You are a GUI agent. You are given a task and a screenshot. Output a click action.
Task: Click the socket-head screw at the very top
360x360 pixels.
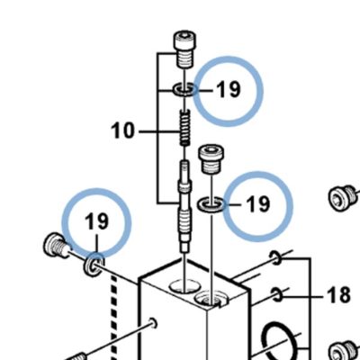(x=184, y=49)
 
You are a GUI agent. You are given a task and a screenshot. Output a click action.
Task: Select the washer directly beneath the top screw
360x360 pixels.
(x=184, y=89)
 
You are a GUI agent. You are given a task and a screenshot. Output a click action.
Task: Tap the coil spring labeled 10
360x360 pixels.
(x=185, y=128)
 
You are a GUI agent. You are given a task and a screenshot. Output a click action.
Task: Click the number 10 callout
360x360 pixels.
(x=122, y=131)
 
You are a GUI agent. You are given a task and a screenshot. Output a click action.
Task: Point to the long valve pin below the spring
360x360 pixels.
(x=184, y=207)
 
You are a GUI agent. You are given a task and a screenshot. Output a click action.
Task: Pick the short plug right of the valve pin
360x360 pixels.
(x=211, y=159)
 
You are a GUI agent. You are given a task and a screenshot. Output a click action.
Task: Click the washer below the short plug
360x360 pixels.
(x=211, y=204)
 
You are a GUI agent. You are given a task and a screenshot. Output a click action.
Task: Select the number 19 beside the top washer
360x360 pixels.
(x=229, y=89)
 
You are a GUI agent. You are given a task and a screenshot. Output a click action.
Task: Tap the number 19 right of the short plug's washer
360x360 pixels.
(x=258, y=204)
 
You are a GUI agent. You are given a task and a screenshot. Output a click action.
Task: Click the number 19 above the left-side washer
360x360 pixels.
(x=96, y=221)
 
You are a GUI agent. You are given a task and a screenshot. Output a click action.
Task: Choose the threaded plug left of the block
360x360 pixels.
(x=57, y=245)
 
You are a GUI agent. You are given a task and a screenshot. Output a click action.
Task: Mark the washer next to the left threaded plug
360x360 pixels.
(x=94, y=265)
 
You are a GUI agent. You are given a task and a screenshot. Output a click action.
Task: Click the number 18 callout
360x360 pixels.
(x=338, y=294)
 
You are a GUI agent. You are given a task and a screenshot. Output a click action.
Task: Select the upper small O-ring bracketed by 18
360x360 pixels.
(x=275, y=258)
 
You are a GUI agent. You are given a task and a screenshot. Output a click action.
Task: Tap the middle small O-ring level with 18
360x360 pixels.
(x=276, y=294)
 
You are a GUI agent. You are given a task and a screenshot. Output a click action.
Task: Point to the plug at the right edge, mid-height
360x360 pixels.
(x=343, y=198)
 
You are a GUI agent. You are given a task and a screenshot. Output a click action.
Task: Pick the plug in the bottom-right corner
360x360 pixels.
(x=345, y=351)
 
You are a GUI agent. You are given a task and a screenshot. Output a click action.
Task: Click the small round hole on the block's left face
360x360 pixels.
(x=153, y=322)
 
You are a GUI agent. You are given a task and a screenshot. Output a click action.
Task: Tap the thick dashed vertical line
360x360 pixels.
(x=114, y=318)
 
